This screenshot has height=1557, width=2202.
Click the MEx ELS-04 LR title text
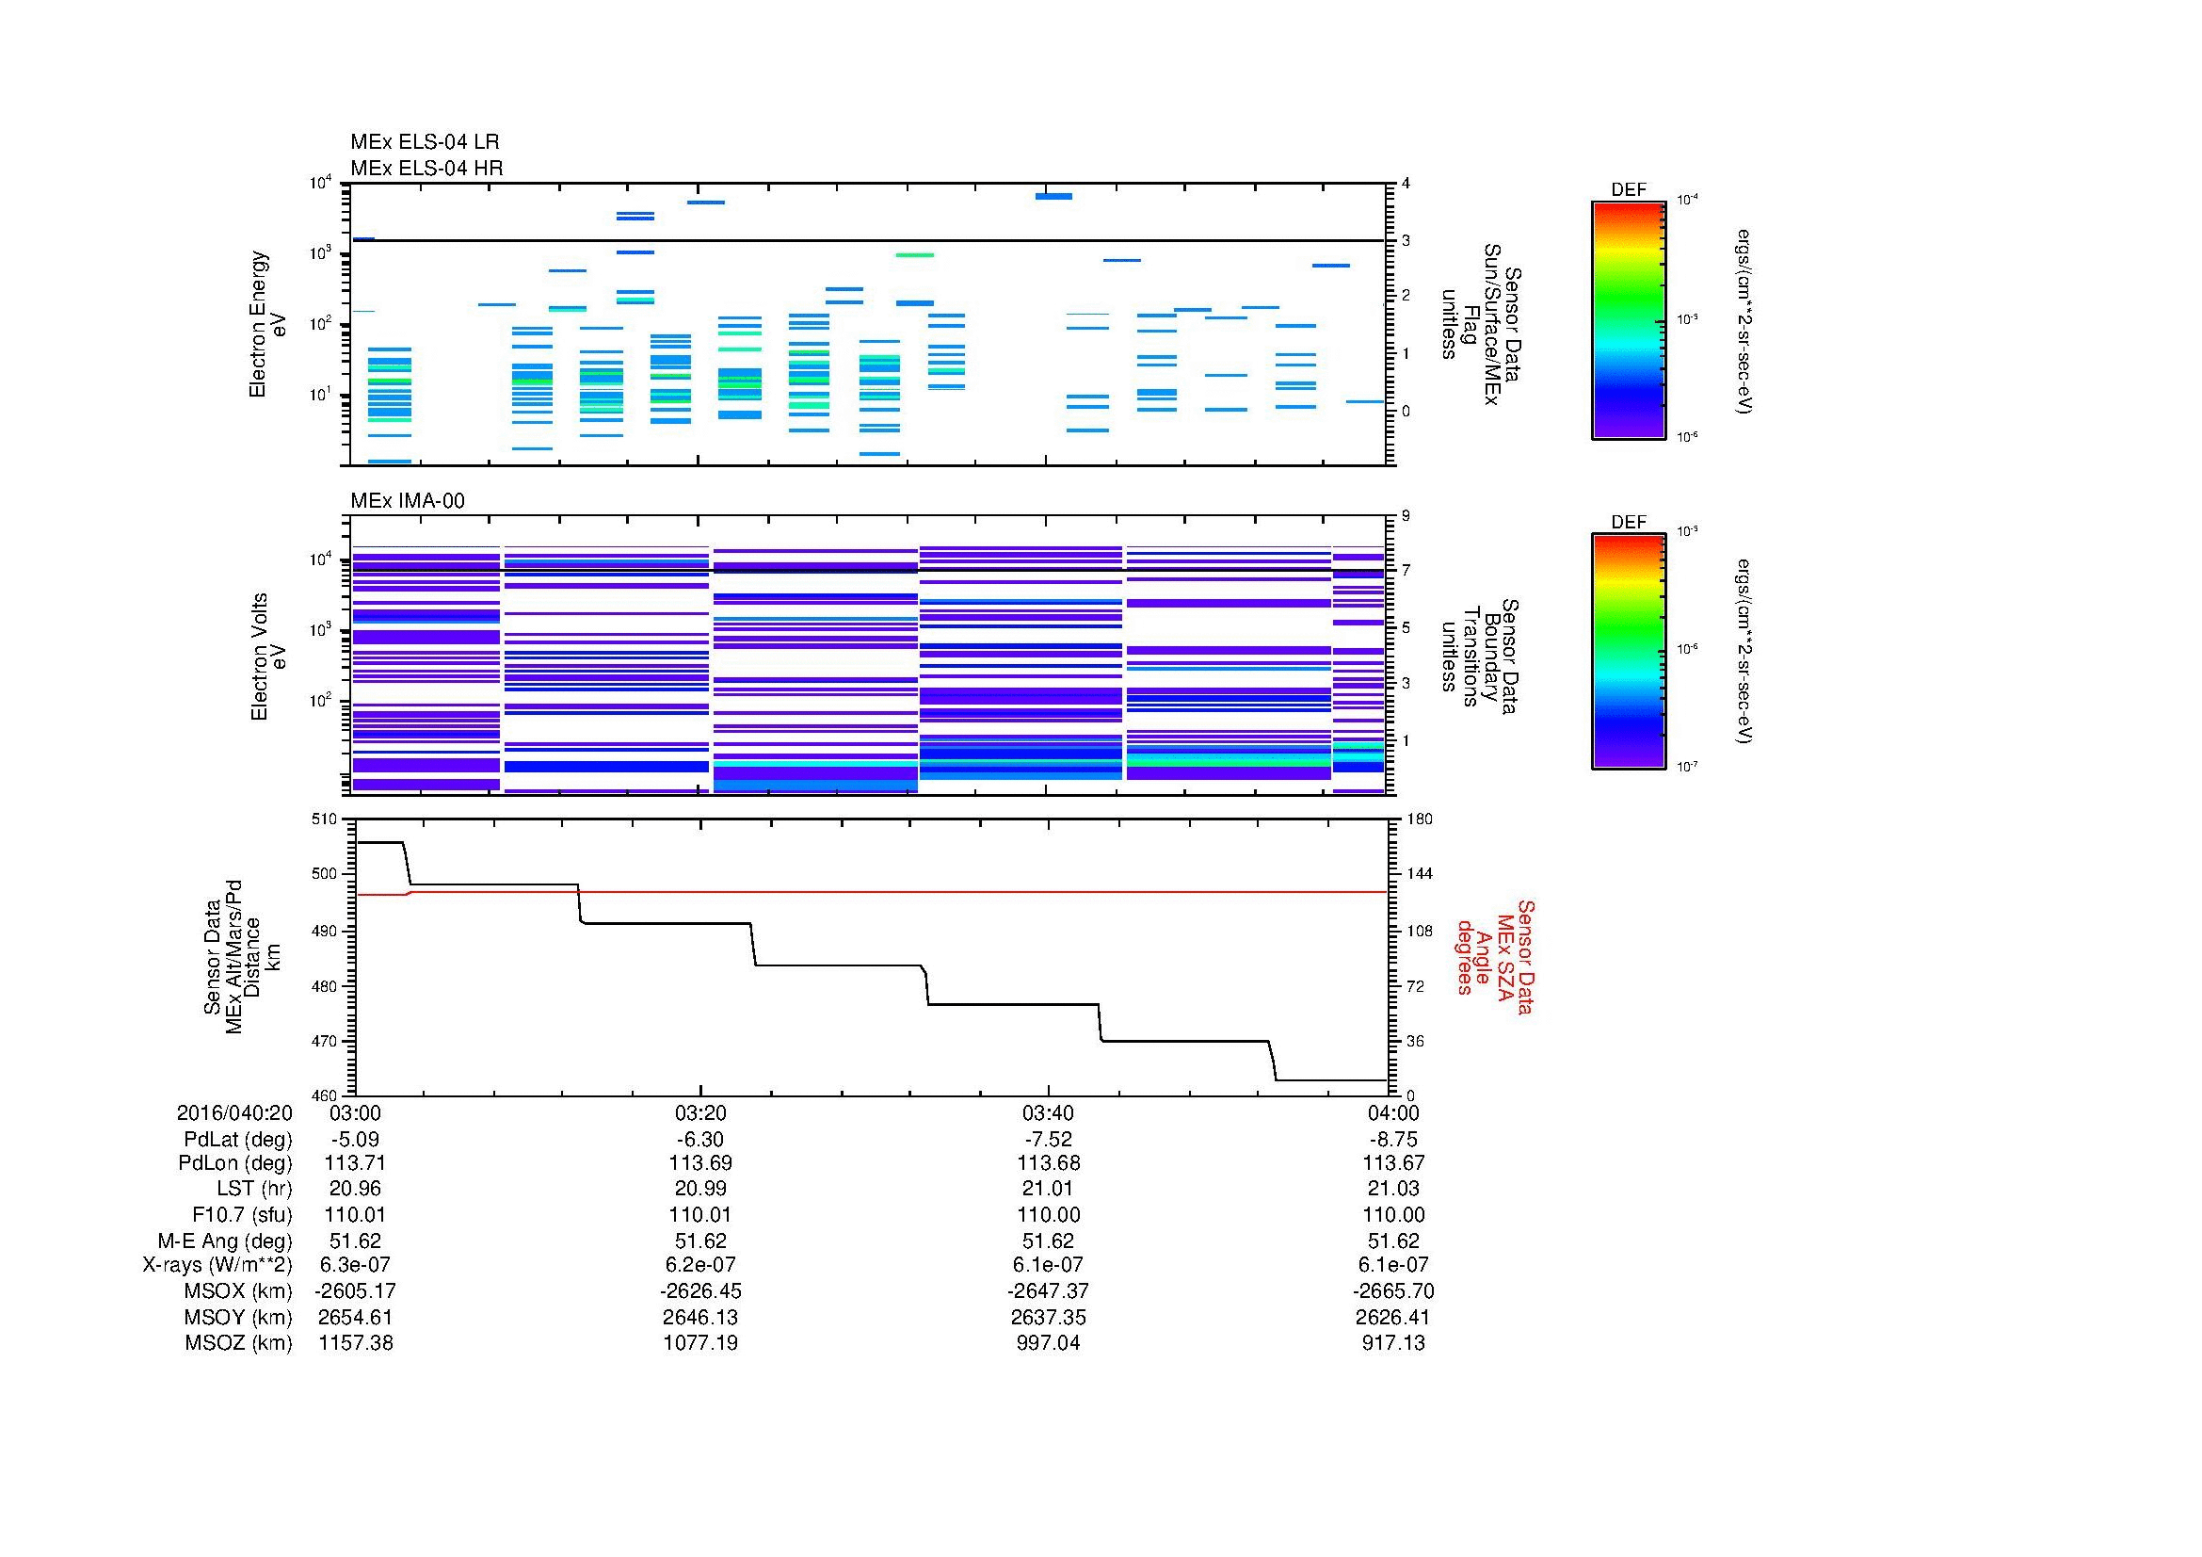point(424,142)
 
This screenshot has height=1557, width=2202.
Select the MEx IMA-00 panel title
point(407,501)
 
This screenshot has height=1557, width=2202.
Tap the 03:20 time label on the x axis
point(699,1113)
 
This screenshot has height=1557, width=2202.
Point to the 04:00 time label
point(1393,1113)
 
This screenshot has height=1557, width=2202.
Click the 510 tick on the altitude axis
point(325,819)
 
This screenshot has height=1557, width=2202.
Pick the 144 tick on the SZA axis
point(1417,874)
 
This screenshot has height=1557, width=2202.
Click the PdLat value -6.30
point(699,1140)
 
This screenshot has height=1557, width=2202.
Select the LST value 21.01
point(1047,1189)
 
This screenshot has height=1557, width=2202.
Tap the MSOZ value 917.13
point(1393,1343)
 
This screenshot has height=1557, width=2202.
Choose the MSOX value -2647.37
point(1047,1291)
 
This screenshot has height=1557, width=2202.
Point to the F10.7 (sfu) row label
point(242,1214)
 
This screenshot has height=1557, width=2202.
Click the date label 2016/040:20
point(234,1113)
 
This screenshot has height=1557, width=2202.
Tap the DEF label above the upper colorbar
point(1628,190)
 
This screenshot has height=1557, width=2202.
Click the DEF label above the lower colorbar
point(1628,523)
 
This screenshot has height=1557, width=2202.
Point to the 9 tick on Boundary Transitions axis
point(1406,516)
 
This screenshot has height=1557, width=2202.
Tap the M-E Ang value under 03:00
point(355,1241)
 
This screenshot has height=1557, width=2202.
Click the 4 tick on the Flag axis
point(1406,184)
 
